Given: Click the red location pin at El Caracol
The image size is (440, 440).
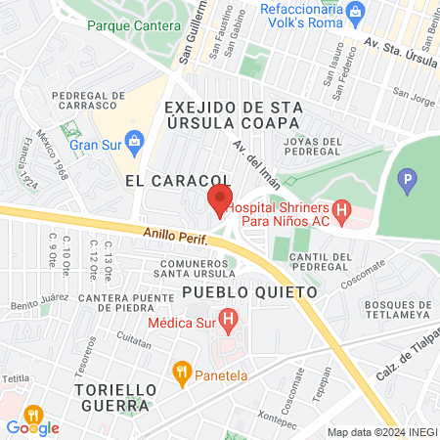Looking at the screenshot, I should (x=218, y=200).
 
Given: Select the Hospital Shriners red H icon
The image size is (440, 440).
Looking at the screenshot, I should (x=340, y=208).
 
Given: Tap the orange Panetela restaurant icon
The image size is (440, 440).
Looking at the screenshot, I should (x=181, y=372).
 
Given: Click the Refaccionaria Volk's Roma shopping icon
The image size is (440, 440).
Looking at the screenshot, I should (x=355, y=13).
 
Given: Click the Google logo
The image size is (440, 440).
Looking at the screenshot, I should (x=32, y=427).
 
